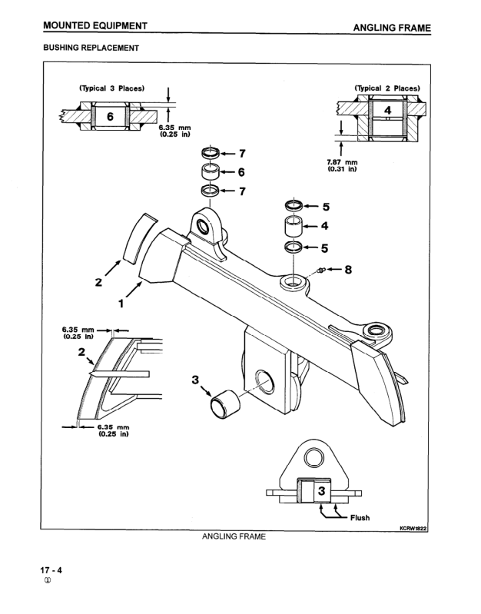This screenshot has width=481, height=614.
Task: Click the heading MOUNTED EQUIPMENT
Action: coord(95,26)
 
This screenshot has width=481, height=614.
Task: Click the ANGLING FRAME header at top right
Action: coord(392,28)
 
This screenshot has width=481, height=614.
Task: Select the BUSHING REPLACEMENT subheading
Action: coord(91,48)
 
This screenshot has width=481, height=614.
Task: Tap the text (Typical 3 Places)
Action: coord(112,88)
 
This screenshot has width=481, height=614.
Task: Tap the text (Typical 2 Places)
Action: coord(387,88)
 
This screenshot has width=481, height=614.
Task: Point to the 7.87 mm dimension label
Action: coord(342,162)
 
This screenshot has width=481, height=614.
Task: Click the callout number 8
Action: coord(347,270)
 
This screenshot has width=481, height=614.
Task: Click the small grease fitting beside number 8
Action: coord(320,270)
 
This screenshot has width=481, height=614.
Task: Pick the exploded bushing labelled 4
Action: coord(293,226)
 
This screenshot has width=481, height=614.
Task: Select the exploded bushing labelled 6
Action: coord(211,171)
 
